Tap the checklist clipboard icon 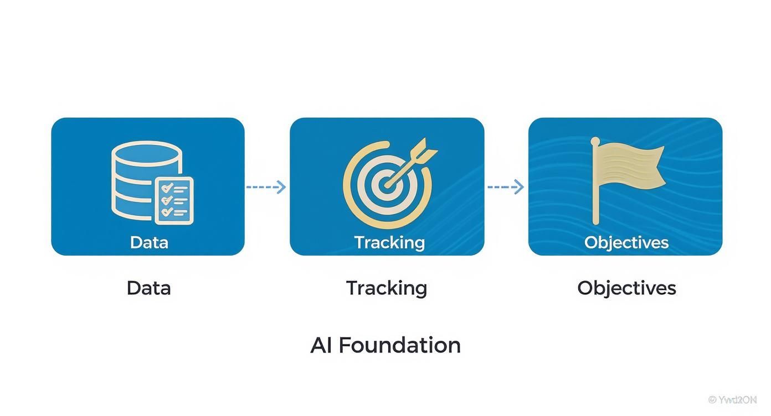pyautogui.click(x=174, y=200)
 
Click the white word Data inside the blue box pyautogui.click(x=148, y=242)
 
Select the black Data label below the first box pyautogui.click(x=148, y=288)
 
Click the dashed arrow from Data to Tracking pyautogui.click(x=266, y=187)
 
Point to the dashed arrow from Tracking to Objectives pyautogui.click(x=505, y=187)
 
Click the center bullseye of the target pyautogui.click(x=387, y=184)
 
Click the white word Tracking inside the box pyautogui.click(x=389, y=242)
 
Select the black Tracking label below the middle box pyautogui.click(x=387, y=288)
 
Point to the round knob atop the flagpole pyautogui.click(x=595, y=141)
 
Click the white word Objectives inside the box pyautogui.click(x=626, y=242)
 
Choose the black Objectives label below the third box pyautogui.click(x=626, y=288)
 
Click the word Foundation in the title pyautogui.click(x=399, y=345)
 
